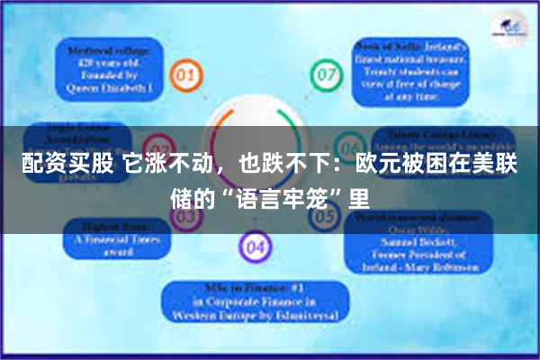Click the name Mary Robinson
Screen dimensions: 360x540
pos(440,266)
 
